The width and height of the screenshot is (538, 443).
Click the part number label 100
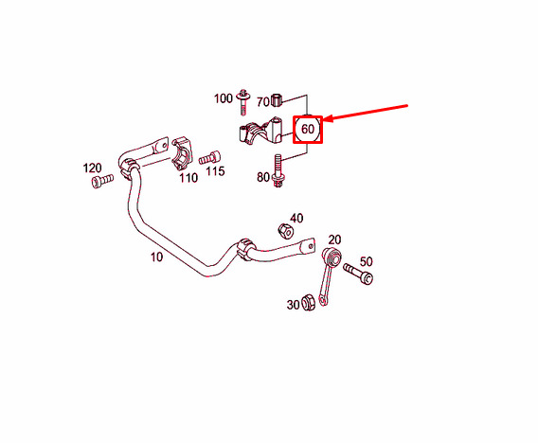pos(223,98)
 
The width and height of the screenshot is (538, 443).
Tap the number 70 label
pos(263,102)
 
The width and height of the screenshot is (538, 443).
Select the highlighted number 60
pos(308,129)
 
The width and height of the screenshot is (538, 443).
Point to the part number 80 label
pos(263,177)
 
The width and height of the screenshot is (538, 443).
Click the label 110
pos(188,178)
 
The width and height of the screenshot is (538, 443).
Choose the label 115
pos(215,170)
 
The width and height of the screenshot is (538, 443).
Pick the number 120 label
pos(92,168)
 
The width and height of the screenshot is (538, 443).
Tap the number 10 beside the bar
pos(157,257)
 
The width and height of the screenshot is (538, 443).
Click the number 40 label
pos(296,218)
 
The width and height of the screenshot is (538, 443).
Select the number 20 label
pos(334,239)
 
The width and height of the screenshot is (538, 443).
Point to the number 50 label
pos(367,261)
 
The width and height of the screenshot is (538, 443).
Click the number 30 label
pos(294,305)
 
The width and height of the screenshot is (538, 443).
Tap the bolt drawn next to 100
pos(243,102)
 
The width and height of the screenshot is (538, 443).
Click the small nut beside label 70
pos(277,99)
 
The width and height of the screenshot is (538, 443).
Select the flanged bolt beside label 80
pos(278,170)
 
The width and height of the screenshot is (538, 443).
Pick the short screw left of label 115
pos(209,158)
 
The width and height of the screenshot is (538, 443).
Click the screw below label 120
pos(102,181)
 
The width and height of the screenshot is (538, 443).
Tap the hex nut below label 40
pos(285,231)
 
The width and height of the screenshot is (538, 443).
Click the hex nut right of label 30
pos(308,302)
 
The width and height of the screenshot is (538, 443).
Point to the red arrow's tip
pos(324,119)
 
